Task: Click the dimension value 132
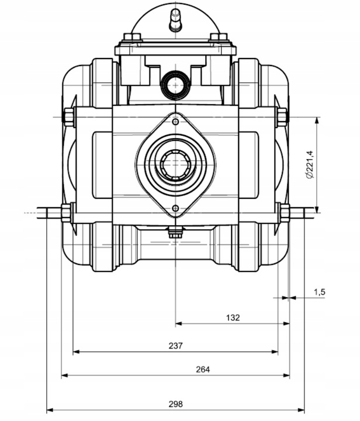(x=233, y=318)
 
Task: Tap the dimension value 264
(x=203, y=369)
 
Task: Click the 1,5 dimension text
(x=319, y=291)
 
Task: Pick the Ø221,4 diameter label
(x=310, y=165)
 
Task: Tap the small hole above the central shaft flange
(x=175, y=122)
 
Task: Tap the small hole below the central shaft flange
(x=175, y=208)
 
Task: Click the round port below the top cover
(x=175, y=85)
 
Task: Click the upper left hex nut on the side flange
(x=68, y=117)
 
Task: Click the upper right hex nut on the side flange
(x=282, y=117)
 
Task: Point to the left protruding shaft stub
(x=49, y=212)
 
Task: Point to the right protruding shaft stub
(x=302, y=212)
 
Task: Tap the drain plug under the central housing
(x=175, y=232)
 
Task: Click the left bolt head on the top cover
(x=133, y=38)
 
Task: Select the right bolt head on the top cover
(x=219, y=38)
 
